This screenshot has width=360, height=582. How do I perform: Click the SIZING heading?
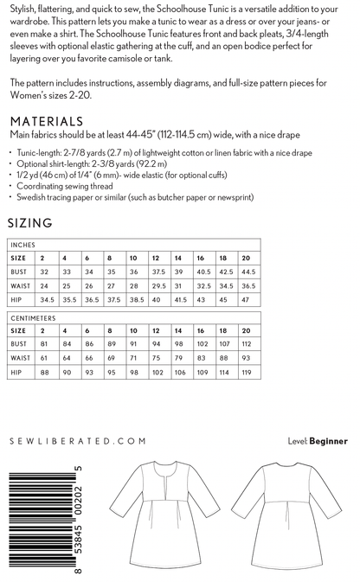(30, 222)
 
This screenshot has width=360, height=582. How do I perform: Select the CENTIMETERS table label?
(32, 318)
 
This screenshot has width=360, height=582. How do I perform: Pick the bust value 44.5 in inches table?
(248, 272)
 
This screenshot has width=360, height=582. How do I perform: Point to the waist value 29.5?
(157, 285)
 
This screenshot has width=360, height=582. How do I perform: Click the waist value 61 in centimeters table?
(43, 360)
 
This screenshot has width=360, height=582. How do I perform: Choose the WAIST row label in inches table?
(21, 285)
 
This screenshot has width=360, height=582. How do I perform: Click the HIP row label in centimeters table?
(16, 373)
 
